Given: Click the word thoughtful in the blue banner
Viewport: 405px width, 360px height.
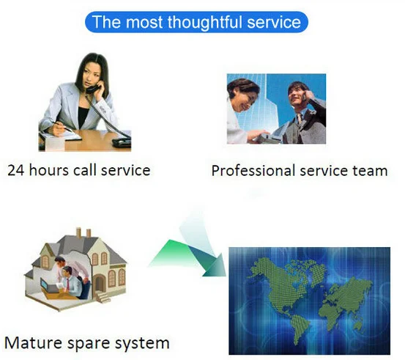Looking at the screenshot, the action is tap(206, 22).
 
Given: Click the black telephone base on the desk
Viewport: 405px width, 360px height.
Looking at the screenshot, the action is tap(122, 142).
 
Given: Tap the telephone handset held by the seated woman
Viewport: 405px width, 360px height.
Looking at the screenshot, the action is tap(93, 87).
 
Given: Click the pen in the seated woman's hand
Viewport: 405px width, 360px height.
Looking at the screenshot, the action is tap(62, 126).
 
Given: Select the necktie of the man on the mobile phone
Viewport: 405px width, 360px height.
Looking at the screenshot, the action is tap(300, 119).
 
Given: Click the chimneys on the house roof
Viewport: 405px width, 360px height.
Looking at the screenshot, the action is tap(83, 232).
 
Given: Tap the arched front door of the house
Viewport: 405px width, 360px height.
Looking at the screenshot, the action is tap(100, 284).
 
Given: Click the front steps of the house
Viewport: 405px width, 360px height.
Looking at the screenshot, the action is tap(104, 297).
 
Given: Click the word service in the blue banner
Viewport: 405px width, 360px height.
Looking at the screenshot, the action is tap(274, 22).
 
